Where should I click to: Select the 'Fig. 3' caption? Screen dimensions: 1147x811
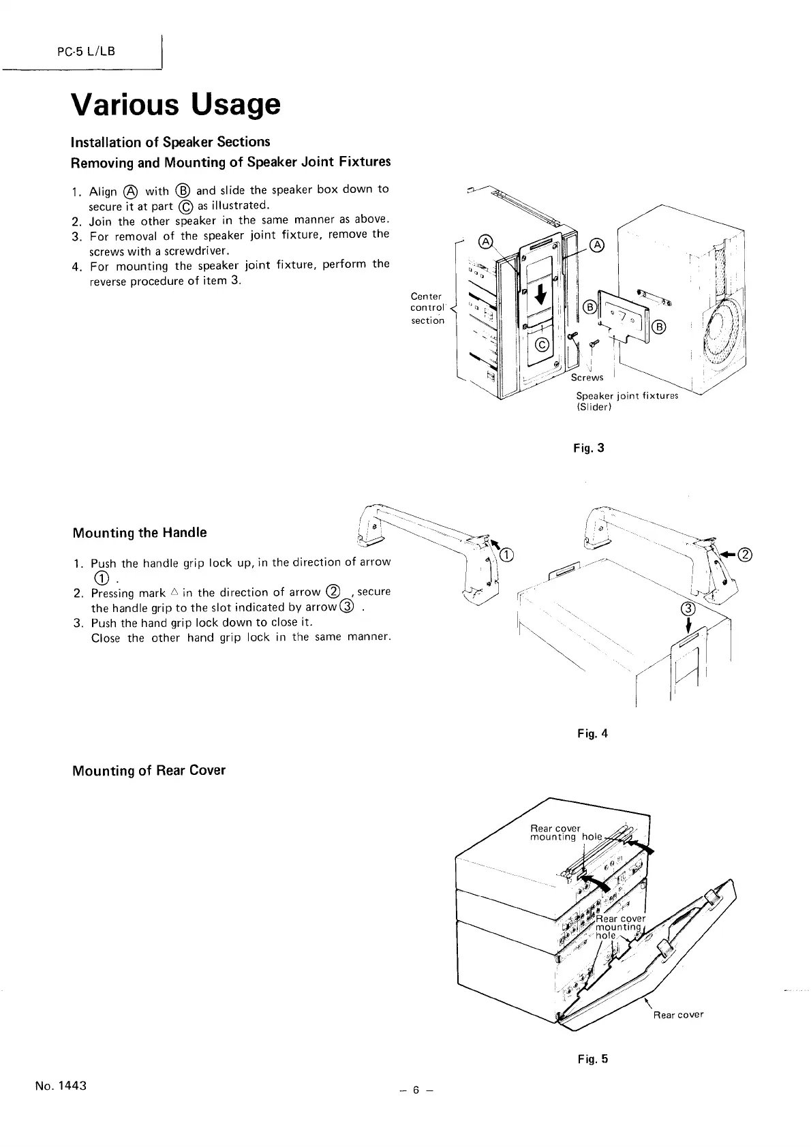(590, 448)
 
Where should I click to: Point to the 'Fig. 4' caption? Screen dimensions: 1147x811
(591, 733)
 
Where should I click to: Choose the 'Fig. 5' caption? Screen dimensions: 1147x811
(591, 1059)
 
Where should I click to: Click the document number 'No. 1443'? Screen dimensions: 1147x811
(61, 1086)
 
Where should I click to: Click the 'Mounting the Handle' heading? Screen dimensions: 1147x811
(139, 532)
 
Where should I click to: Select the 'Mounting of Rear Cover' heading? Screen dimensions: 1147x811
(149, 771)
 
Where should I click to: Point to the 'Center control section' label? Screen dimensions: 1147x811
(427, 308)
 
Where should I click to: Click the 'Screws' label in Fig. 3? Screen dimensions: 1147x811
(587, 377)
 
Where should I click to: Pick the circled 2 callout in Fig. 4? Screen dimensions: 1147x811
(745, 554)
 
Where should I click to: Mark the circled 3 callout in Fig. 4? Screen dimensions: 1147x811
(688, 609)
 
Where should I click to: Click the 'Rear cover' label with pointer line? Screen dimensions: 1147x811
(678, 1014)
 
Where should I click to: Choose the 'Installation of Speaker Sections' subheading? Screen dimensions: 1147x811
(170, 142)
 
